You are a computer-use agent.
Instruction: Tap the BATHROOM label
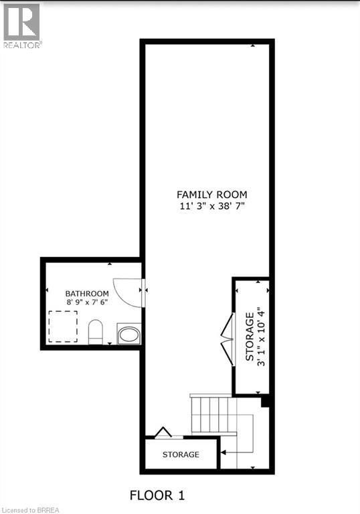pyautogui.click(x=87, y=293)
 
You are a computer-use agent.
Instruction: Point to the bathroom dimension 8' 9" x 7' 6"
pyautogui.click(x=87, y=303)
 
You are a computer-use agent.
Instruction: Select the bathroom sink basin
pyautogui.click(x=128, y=334)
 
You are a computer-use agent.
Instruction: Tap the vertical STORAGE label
pyautogui.click(x=250, y=337)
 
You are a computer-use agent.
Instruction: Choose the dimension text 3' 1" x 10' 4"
pyautogui.click(x=261, y=337)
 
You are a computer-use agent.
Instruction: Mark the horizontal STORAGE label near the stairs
pyautogui.click(x=181, y=454)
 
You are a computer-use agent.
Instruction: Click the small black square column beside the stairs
pyautogui.click(x=264, y=402)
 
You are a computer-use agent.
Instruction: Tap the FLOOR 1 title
pyautogui.click(x=157, y=495)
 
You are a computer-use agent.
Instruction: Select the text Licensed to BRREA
pyautogui.click(x=28, y=510)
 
